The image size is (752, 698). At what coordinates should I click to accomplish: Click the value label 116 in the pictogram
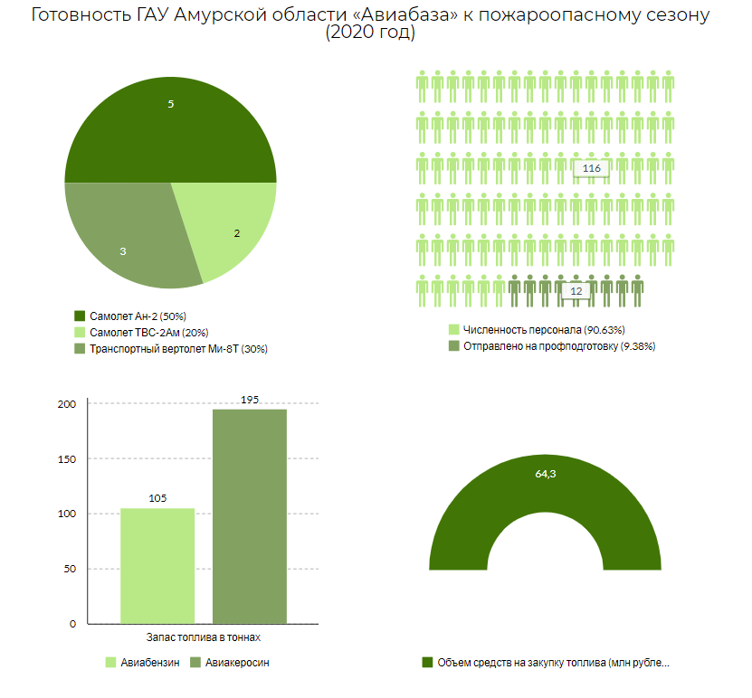click(592, 169)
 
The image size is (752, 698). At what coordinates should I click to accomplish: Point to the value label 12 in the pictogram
click(576, 291)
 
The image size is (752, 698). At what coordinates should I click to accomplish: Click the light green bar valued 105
click(157, 565)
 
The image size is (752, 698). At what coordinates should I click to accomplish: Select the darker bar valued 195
click(250, 515)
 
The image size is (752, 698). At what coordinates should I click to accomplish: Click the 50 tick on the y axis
click(69, 569)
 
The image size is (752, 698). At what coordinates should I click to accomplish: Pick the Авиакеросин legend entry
click(236, 663)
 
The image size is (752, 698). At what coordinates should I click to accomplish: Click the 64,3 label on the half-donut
click(545, 473)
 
